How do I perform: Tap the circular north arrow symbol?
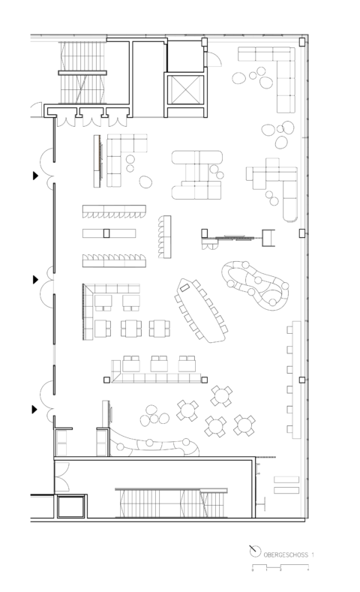click(x=255, y=552)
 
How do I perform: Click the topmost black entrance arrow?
click(x=34, y=176)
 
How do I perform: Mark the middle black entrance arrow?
click(x=34, y=279)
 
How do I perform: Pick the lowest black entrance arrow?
click(x=34, y=409)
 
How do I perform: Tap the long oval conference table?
click(x=201, y=308)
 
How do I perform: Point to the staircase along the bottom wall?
click(x=171, y=503)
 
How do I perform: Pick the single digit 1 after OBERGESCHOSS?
click(x=313, y=554)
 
